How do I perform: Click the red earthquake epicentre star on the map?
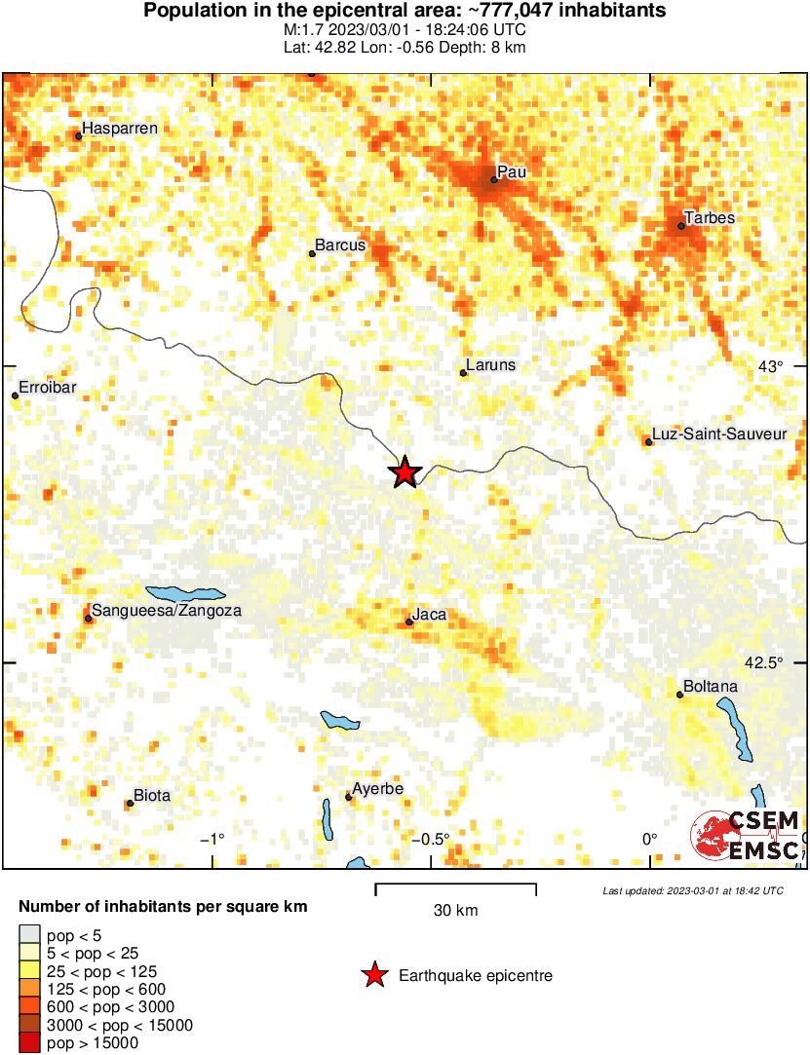[405, 472]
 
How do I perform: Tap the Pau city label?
[512, 171]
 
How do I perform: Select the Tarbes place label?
[709, 217]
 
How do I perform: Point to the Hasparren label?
[120, 128]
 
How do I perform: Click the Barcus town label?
[340, 245]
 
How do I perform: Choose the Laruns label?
[491, 365]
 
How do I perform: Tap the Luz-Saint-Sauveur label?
[719, 434]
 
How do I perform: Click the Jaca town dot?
[409, 622]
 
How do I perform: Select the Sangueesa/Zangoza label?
[166, 611]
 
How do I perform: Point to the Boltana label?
[711, 687]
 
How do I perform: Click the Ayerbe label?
[377, 789]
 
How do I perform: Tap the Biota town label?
[151, 796]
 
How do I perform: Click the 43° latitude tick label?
[771, 366]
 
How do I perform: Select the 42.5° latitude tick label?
[763, 662]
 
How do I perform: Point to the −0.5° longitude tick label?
[429, 840]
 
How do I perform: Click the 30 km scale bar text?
[455, 911]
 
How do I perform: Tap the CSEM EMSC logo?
[746, 836]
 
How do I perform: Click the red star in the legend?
[373, 975]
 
